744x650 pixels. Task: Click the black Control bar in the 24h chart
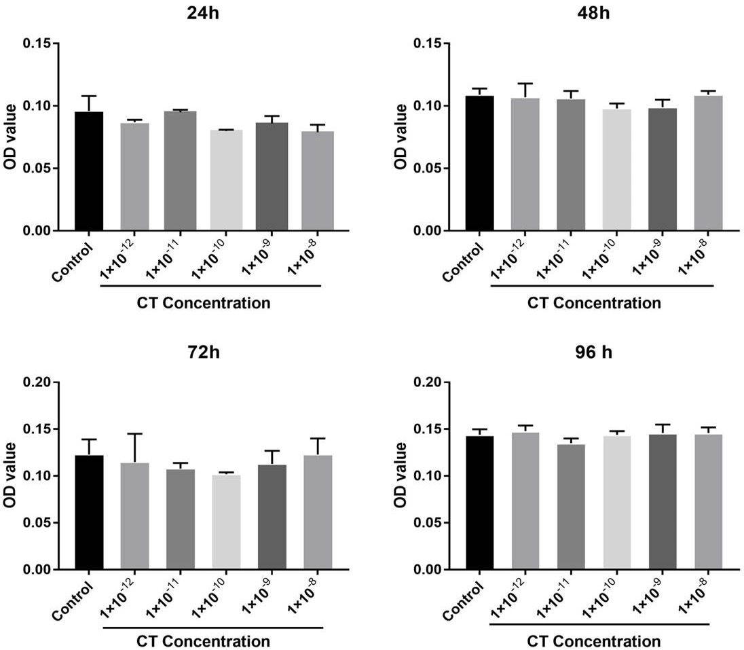coord(89,171)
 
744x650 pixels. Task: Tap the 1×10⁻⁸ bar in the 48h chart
coord(709,163)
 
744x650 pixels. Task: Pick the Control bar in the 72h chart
coord(89,512)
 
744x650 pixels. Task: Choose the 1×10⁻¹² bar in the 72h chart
coord(135,516)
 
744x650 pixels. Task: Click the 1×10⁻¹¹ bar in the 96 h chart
coord(572,507)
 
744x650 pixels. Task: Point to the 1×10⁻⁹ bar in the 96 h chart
coord(663,502)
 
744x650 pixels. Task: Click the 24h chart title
coord(204,13)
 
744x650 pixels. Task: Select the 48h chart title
coord(593,13)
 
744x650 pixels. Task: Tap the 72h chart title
coord(204,353)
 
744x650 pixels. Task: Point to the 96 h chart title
coord(593,353)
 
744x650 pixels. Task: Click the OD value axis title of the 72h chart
coord(10,475)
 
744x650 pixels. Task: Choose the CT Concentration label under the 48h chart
coord(594,303)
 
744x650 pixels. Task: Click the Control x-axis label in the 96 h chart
coord(463,600)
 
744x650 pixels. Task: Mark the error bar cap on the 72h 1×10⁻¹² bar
coord(135,433)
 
